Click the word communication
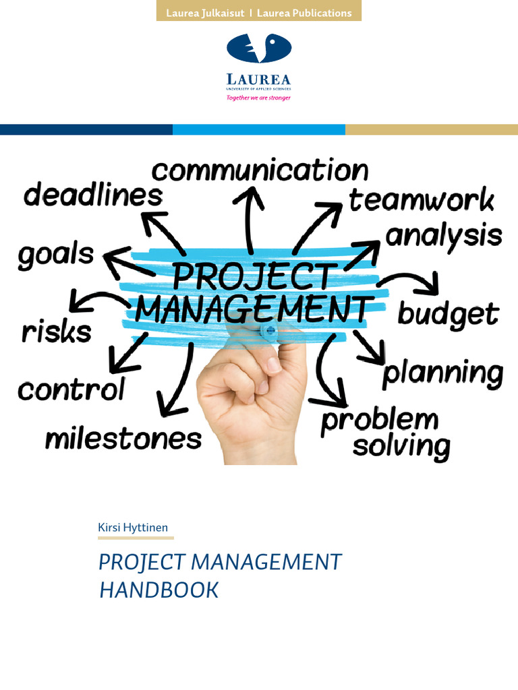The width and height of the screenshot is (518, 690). click(x=260, y=171)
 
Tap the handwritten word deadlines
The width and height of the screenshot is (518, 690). click(x=93, y=196)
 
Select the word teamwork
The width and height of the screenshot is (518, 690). click(x=422, y=200)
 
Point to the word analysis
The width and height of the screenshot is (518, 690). click(x=444, y=237)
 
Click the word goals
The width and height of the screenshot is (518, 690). click(x=55, y=256)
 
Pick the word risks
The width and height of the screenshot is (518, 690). click(x=56, y=332)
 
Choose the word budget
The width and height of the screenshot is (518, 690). click(x=449, y=314)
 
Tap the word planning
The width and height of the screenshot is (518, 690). click(x=442, y=373)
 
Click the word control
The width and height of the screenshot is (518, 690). click(x=71, y=389)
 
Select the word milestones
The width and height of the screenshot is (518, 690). click(x=123, y=439)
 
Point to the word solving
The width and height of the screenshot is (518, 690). click(x=401, y=446)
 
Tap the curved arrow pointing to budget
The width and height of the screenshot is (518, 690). click(x=411, y=282)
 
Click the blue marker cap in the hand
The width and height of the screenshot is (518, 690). click(x=269, y=330)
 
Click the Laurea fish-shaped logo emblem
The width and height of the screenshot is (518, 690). click(x=259, y=49)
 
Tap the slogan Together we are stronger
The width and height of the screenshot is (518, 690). click(x=258, y=97)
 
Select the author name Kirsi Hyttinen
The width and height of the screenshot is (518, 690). click(x=133, y=527)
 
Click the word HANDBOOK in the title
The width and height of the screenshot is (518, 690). click(x=159, y=590)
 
